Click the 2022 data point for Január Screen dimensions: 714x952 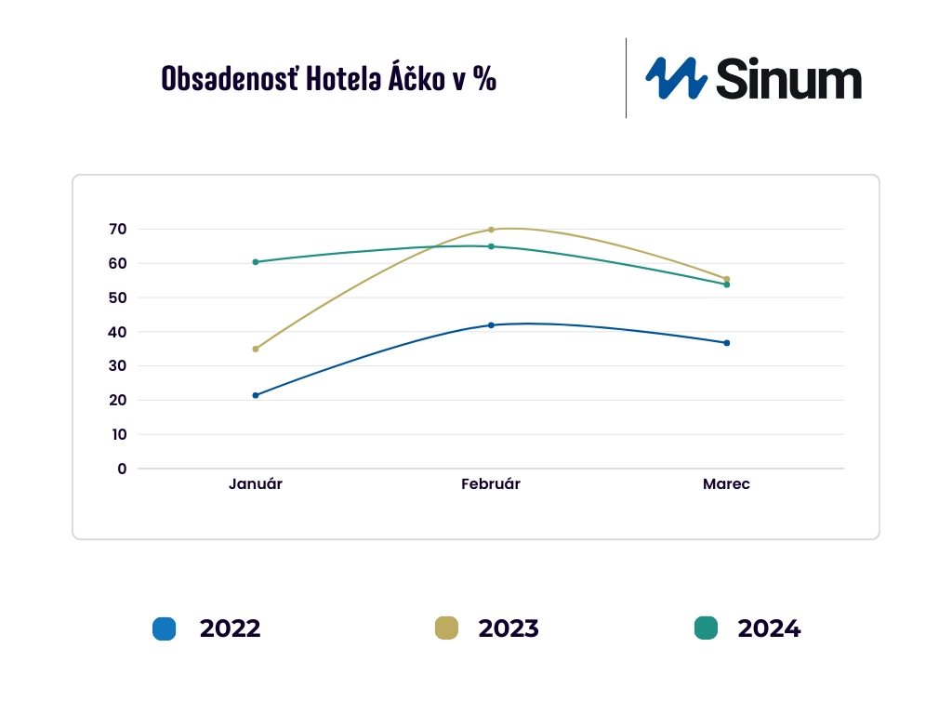(256, 395)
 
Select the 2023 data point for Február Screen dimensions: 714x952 (491, 230)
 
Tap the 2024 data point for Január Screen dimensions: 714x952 (256, 262)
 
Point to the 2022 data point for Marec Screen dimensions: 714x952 (727, 343)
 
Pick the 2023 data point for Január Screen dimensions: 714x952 (256, 349)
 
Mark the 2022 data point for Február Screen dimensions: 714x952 (491, 325)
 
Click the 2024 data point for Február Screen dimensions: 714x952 (491, 246)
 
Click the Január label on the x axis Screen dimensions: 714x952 (256, 484)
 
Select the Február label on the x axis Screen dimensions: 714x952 (491, 484)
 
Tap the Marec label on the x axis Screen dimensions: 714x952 (726, 484)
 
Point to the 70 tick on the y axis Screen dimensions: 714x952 (117, 229)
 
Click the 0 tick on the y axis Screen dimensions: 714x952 (122, 469)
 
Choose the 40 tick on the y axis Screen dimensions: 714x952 (117, 332)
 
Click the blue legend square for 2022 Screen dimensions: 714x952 (165, 628)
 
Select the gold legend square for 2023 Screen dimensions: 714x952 (447, 628)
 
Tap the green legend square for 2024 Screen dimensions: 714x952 (707, 628)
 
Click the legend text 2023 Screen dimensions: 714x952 (509, 628)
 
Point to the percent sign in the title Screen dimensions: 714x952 (483, 79)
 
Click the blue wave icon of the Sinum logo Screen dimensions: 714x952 (676, 78)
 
